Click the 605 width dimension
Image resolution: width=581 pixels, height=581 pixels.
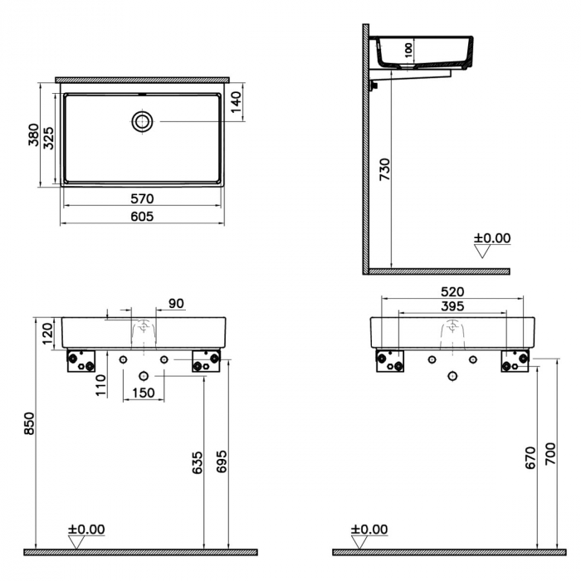(x=143, y=217)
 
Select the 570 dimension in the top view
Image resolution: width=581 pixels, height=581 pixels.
(x=143, y=199)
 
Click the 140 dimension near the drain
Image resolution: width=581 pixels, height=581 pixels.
(x=236, y=102)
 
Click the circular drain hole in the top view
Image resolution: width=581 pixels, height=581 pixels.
(x=143, y=121)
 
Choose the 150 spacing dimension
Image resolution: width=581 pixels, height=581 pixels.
(x=143, y=393)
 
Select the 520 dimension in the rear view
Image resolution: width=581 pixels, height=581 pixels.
(x=452, y=292)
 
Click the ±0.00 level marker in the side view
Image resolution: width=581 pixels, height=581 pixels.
(x=492, y=239)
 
